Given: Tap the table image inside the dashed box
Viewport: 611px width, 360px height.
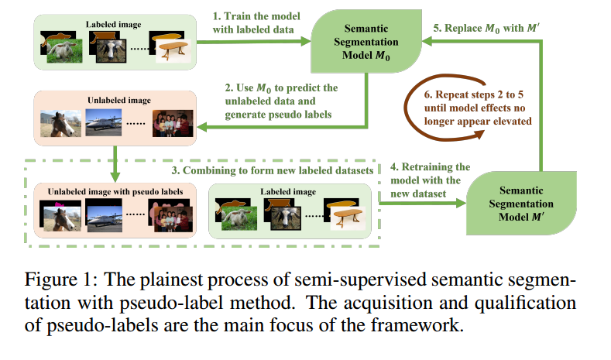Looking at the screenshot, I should [x=344, y=212].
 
